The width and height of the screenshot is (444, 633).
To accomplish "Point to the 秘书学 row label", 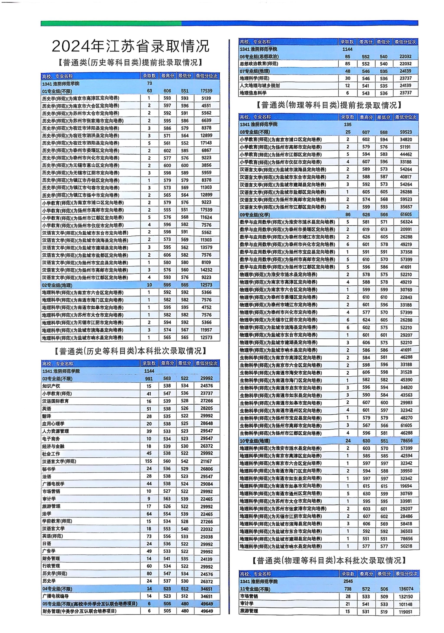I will (x=49, y=469).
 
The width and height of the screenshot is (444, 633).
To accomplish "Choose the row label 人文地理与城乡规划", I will (x=260, y=86).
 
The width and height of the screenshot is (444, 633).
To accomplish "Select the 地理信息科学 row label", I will (x=253, y=93).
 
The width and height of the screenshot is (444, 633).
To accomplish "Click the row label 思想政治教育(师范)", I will (x=259, y=64).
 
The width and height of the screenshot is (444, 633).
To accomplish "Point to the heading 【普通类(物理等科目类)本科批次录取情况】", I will (x=329, y=560).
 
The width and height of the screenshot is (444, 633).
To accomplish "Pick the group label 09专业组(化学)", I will (x=255, y=215).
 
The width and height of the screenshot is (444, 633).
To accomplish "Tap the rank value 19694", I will (x=406, y=486).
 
